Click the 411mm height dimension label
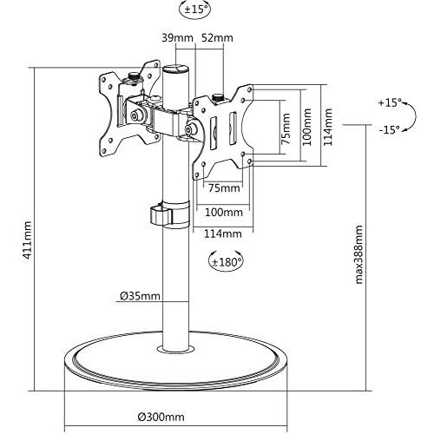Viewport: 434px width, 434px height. tap(28, 240)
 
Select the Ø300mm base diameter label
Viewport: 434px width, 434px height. tap(161, 417)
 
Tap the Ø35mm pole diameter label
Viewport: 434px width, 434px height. tap(140, 296)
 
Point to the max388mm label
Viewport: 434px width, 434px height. tap(358, 254)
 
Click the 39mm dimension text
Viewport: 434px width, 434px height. tap(177, 38)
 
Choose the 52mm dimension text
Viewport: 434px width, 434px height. tap(217, 38)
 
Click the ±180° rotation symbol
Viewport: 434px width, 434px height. tap(227, 261)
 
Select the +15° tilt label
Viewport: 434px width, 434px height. tap(390, 102)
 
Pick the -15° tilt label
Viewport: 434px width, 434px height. tap(390, 129)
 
